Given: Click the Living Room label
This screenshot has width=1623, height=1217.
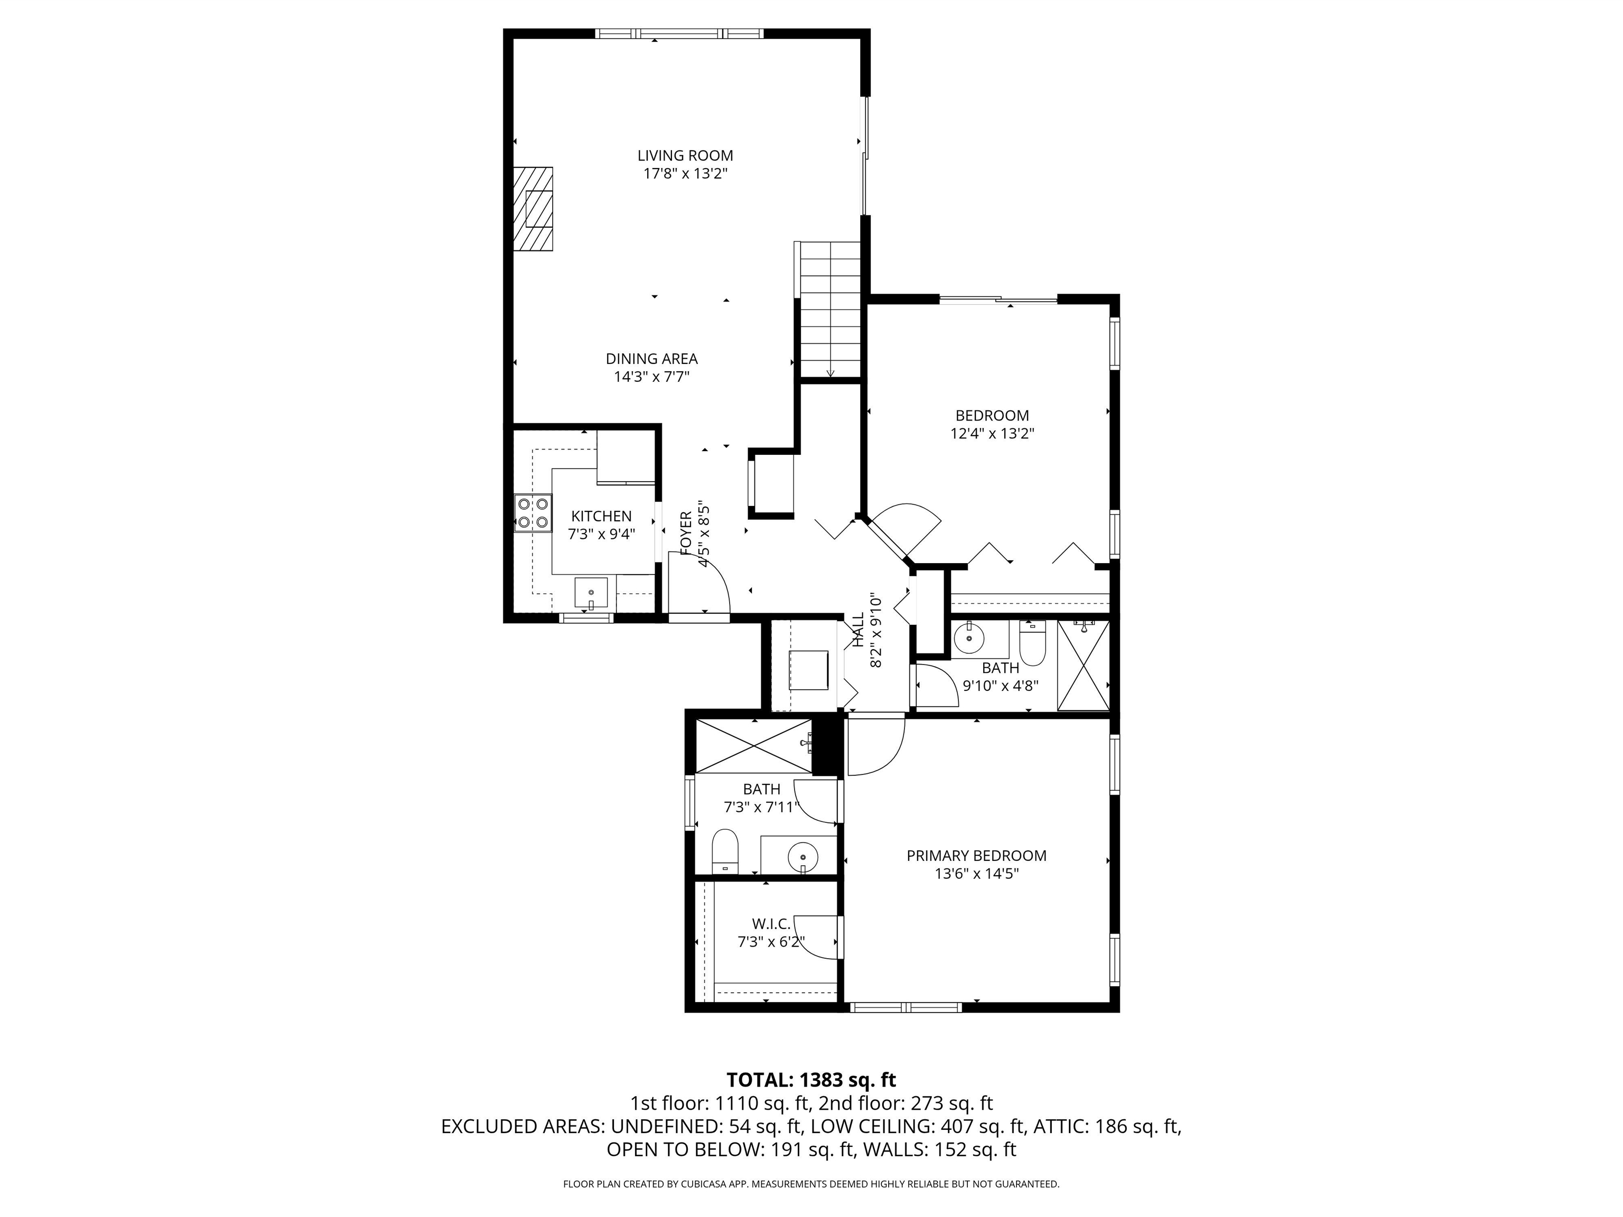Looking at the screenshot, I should pyautogui.click(x=685, y=155).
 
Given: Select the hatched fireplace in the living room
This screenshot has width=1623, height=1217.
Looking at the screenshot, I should pyautogui.click(x=534, y=210).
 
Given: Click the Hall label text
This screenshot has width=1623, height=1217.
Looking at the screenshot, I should pyautogui.click(x=857, y=630).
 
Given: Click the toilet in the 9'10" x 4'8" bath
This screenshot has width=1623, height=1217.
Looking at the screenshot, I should pyautogui.click(x=1032, y=643).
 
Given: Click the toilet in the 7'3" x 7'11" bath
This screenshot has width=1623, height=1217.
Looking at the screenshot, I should pyautogui.click(x=725, y=850).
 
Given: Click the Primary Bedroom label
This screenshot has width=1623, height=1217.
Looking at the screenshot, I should pyautogui.click(x=976, y=855).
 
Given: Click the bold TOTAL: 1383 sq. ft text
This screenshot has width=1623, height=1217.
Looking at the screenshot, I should pyautogui.click(x=811, y=1080).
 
